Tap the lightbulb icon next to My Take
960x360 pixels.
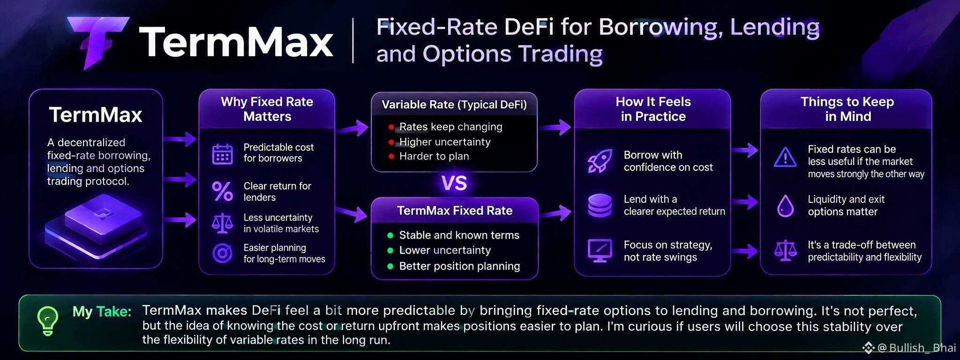pos(48,321)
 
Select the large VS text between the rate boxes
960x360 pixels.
pos(454,183)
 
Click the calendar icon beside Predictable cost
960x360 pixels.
pos(222,154)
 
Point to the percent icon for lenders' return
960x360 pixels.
pos(222,191)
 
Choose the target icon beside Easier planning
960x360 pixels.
pos(222,253)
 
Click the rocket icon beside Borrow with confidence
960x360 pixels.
pos(600,161)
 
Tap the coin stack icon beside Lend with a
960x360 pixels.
pos(600,205)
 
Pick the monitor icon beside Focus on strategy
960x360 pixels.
pos(600,251)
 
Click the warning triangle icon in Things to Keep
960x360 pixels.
pos(785,157)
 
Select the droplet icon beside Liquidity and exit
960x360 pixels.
pos(785,205)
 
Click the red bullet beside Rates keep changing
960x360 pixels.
pos(391,127)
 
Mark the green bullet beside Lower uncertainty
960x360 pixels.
pos(390,251)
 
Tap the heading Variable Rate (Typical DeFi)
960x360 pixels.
pos(454,105)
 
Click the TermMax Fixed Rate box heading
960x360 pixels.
pos(455,210)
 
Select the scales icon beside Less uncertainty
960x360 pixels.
pos(222,224)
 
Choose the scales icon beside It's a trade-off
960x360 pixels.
pos(785,251)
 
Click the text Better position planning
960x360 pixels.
pos(459,266)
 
